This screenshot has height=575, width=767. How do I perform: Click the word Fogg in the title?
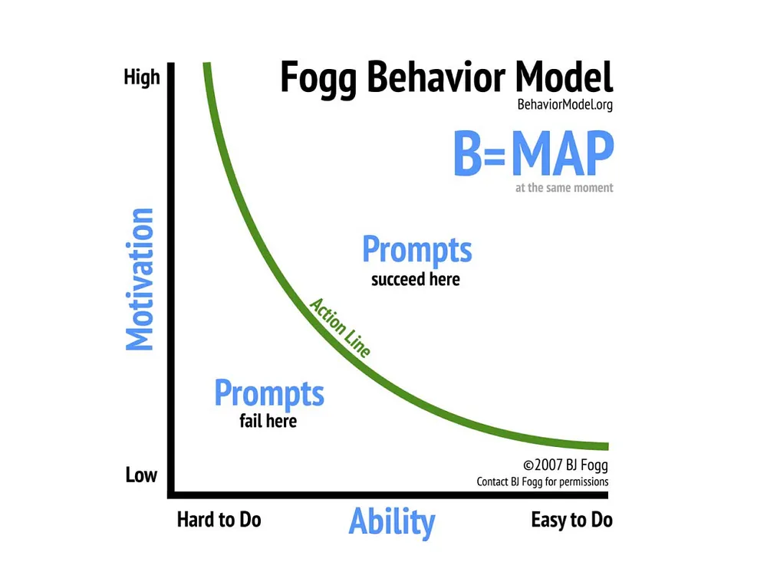click(318, 79)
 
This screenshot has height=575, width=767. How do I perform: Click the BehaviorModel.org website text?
click(565, 104)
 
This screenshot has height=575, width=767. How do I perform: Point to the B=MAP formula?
click(534, 153)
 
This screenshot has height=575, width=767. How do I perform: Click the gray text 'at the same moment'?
click(564, 188)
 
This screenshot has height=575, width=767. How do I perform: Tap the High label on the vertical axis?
click(142, 78)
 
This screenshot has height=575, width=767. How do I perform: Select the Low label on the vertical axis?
click(141, 475)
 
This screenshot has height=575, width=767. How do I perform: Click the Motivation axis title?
click(140, 280)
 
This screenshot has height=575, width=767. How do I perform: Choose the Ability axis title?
click(392, 521)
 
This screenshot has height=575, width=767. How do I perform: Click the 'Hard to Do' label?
click(219, 520)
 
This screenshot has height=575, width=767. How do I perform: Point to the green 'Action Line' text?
click(341, 327)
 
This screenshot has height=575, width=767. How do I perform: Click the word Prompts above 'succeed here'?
click(417, 251)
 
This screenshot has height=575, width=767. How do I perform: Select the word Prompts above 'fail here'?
click(269, 393)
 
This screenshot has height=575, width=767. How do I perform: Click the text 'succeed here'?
click(415, 280)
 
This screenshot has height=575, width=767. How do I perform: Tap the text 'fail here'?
click(268, 421)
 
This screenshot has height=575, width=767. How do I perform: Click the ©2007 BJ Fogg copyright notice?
click(565, 465)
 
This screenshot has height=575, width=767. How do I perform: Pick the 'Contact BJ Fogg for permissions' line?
click(542, 482)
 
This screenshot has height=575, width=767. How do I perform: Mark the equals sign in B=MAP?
click(495, 156)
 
